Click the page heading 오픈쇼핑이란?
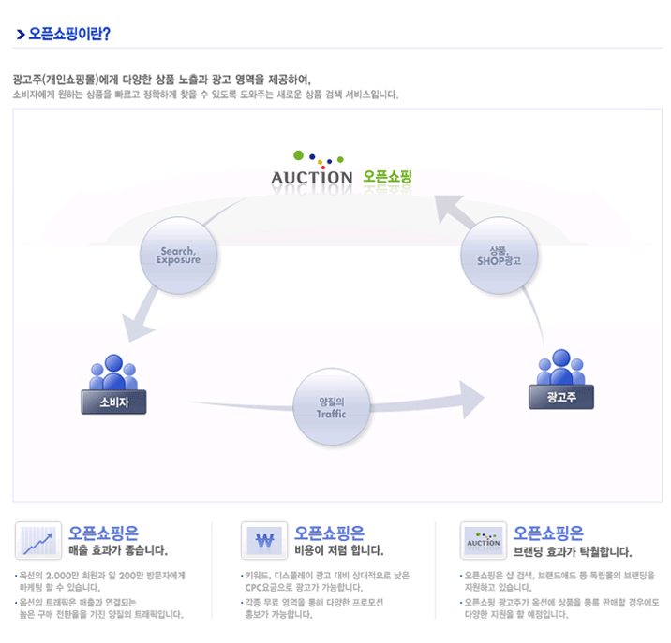pos(70,36)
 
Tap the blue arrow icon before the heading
pos(20,36)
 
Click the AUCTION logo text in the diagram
pos(311,177)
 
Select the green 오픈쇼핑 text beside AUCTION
pos(387,176)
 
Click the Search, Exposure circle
pos(178,255)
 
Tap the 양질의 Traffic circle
pos(332,407)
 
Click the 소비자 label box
pos(113,402)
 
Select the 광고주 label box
pos(559,396)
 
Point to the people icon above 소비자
pos(113,373)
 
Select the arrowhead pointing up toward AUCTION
pos(456,211)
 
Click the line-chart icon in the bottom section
pos(38,541)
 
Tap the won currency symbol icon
pos(264,541)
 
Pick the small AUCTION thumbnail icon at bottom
pos(484,541)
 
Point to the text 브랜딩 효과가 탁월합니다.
pos(572,551)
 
